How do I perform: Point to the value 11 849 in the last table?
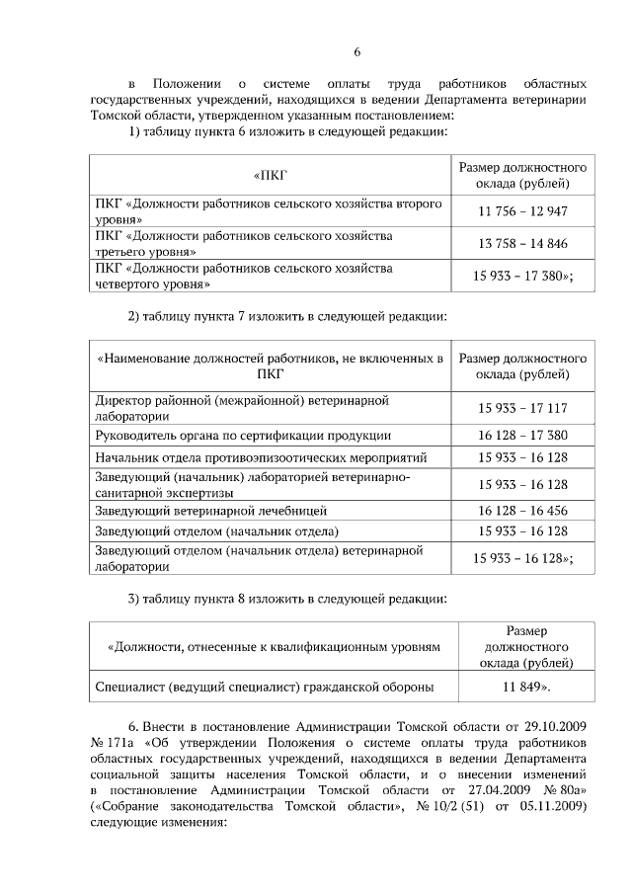click(x=526, y=685)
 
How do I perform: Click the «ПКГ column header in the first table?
click(x=269, y=176)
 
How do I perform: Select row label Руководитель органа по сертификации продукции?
click(x=243, y=435)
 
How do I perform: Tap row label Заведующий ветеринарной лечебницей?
click(x=210, y=511)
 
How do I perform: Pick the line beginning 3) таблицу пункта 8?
click(x=288, y=599)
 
